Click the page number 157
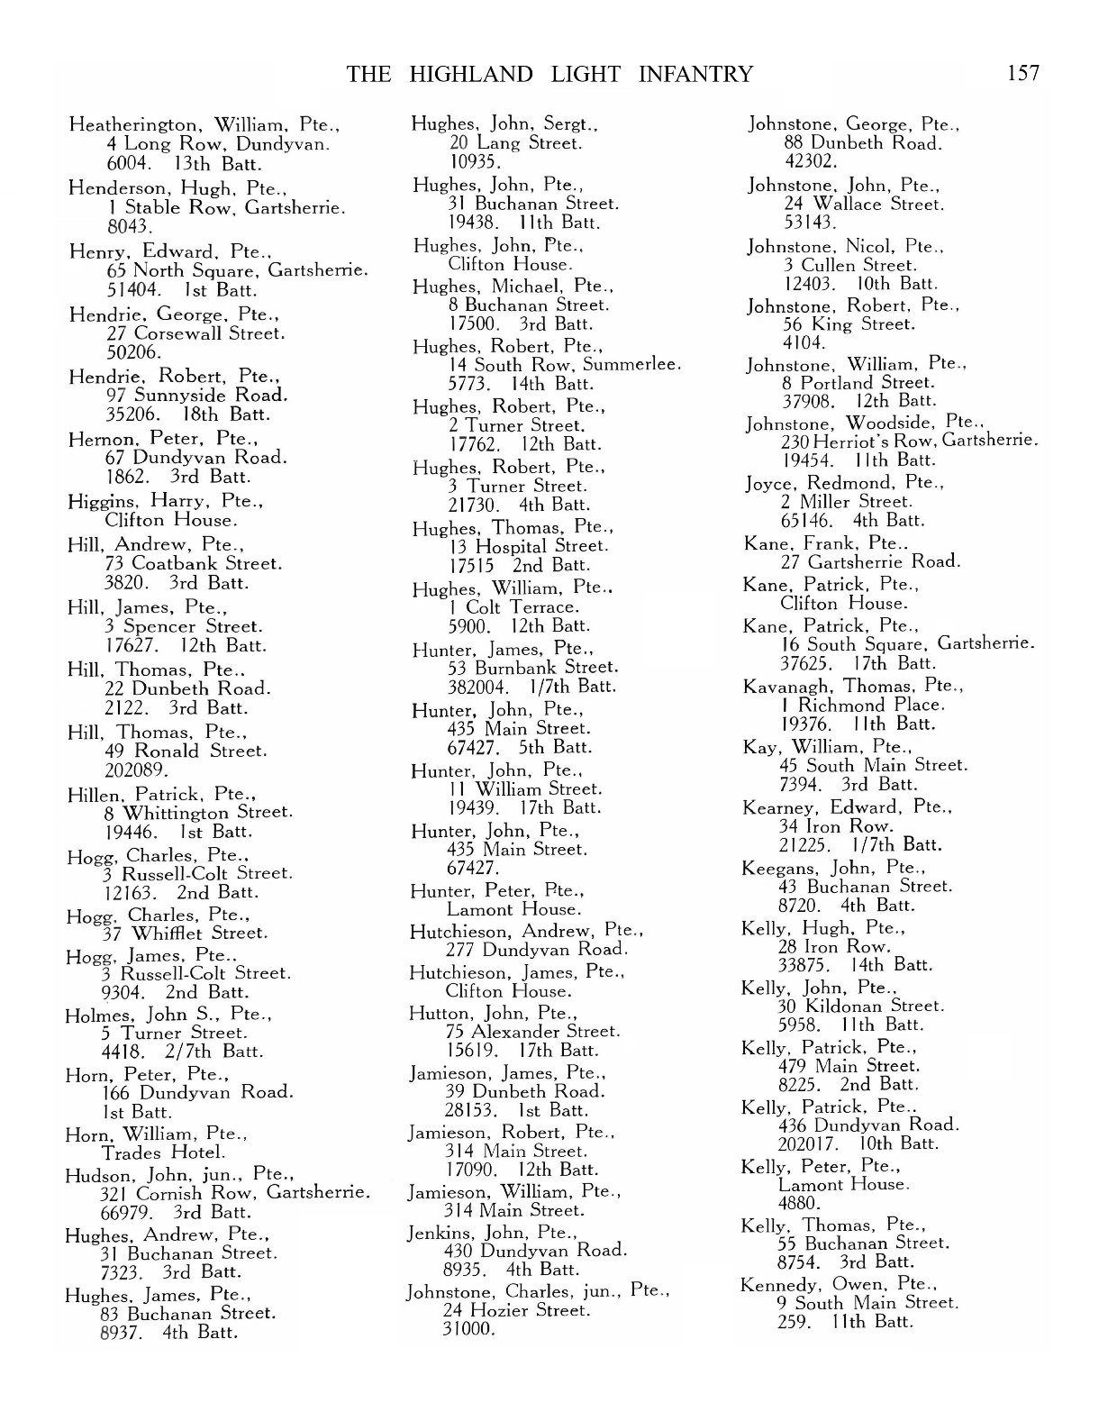pyautogui.click(x=1022, y=73)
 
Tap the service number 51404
pyautogui.click(x=132, y=290)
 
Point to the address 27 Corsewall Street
pyautogui.click(x=195, y=333)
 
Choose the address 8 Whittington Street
pyautogui.click(x=197, y=813)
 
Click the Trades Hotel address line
pyautogui.click(x=163, y=1153)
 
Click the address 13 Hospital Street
pyautogui.click(x=528, y=546)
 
